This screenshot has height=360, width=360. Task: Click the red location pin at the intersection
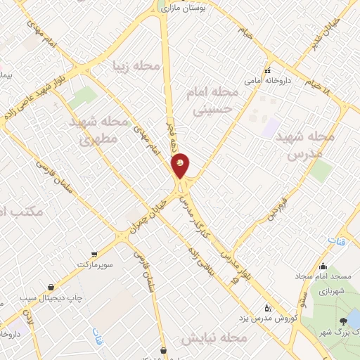(x=181, y=165)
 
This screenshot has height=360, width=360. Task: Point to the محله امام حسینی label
(x=209, y=99)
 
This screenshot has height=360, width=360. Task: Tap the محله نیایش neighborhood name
(x=214, y=339)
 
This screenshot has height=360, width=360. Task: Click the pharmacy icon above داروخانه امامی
(x=267, y=70)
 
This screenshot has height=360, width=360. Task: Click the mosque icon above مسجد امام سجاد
(x=322, y=266)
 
